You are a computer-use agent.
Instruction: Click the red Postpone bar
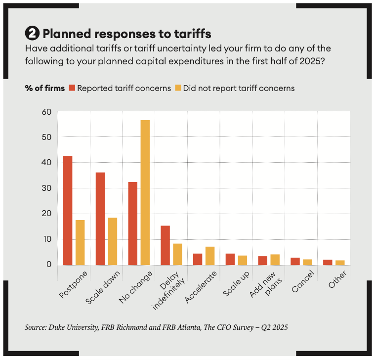click(x=67, y=210)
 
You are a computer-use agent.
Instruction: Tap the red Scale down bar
click(x=100, y=218)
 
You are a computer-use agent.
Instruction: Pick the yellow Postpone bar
click(x=80, y=242)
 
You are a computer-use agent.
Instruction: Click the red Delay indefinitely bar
click(x=165, y=245)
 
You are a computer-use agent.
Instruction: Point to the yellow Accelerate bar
click(x=210, y=255)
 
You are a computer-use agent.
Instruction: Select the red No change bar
click(x=132, y=223)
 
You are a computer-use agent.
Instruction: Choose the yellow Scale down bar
click(x=113, y=241)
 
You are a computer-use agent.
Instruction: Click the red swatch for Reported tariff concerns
click(x=72, y=88)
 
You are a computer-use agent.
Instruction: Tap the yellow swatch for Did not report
click(x=177, y=88)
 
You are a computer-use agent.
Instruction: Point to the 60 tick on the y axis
click(x=46, y=111)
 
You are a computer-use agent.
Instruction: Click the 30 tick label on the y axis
click(x=46, y=188)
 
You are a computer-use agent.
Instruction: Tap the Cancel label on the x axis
click(x=302, y=281)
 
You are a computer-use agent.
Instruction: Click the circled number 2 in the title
click(x=32, y=34)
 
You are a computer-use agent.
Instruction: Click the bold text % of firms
click(x=44, y=88)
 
